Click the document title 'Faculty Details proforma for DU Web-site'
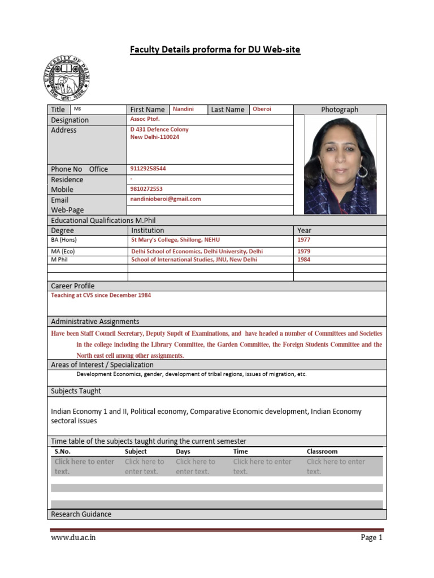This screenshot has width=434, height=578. [215, 50]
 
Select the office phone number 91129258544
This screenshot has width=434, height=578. [148, 169]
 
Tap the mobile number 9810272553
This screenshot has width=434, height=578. [146, 189]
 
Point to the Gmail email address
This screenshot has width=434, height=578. [166, 199]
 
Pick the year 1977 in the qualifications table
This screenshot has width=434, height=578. [304, 240]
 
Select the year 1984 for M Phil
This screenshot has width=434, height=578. [304, 260]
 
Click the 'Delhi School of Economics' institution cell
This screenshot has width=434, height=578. [197, 252]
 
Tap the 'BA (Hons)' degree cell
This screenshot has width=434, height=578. [64, 240]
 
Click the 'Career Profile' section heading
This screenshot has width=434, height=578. [73, 286]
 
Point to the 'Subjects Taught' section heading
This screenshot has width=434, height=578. [76, 391]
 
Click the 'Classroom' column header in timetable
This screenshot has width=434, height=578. [322, 452]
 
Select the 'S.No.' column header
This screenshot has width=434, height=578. [63, 452]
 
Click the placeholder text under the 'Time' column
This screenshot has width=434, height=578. [262, 466]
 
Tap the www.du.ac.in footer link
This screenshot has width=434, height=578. [73, 538]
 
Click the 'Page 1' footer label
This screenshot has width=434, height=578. [371, 538]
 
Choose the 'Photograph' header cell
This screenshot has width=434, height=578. [340, 110]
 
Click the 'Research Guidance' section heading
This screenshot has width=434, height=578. [81, 514]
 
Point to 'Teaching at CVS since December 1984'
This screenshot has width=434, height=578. [101, 295]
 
